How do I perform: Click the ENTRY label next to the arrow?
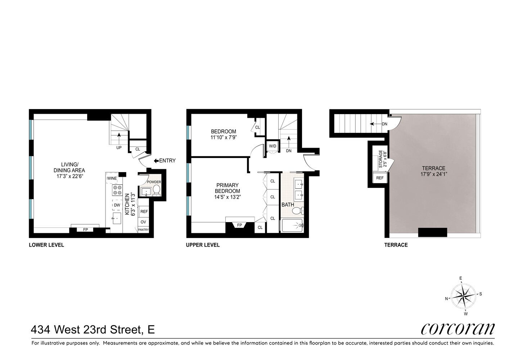[167, 161]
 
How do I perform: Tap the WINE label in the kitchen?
[112, 178]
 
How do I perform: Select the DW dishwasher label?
[117, 205]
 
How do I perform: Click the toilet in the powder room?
[156, 190]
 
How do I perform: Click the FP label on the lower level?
[86, 229]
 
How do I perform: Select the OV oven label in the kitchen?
[143, 222]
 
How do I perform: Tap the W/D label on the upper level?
[272, 146]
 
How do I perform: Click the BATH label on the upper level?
[288, 204]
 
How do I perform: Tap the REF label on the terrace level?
[380, 178]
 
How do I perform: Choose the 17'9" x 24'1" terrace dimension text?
[433, 174]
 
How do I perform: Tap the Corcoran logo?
[458, 328]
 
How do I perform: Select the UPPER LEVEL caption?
[203, 245]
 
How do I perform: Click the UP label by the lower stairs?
[118, 148]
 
